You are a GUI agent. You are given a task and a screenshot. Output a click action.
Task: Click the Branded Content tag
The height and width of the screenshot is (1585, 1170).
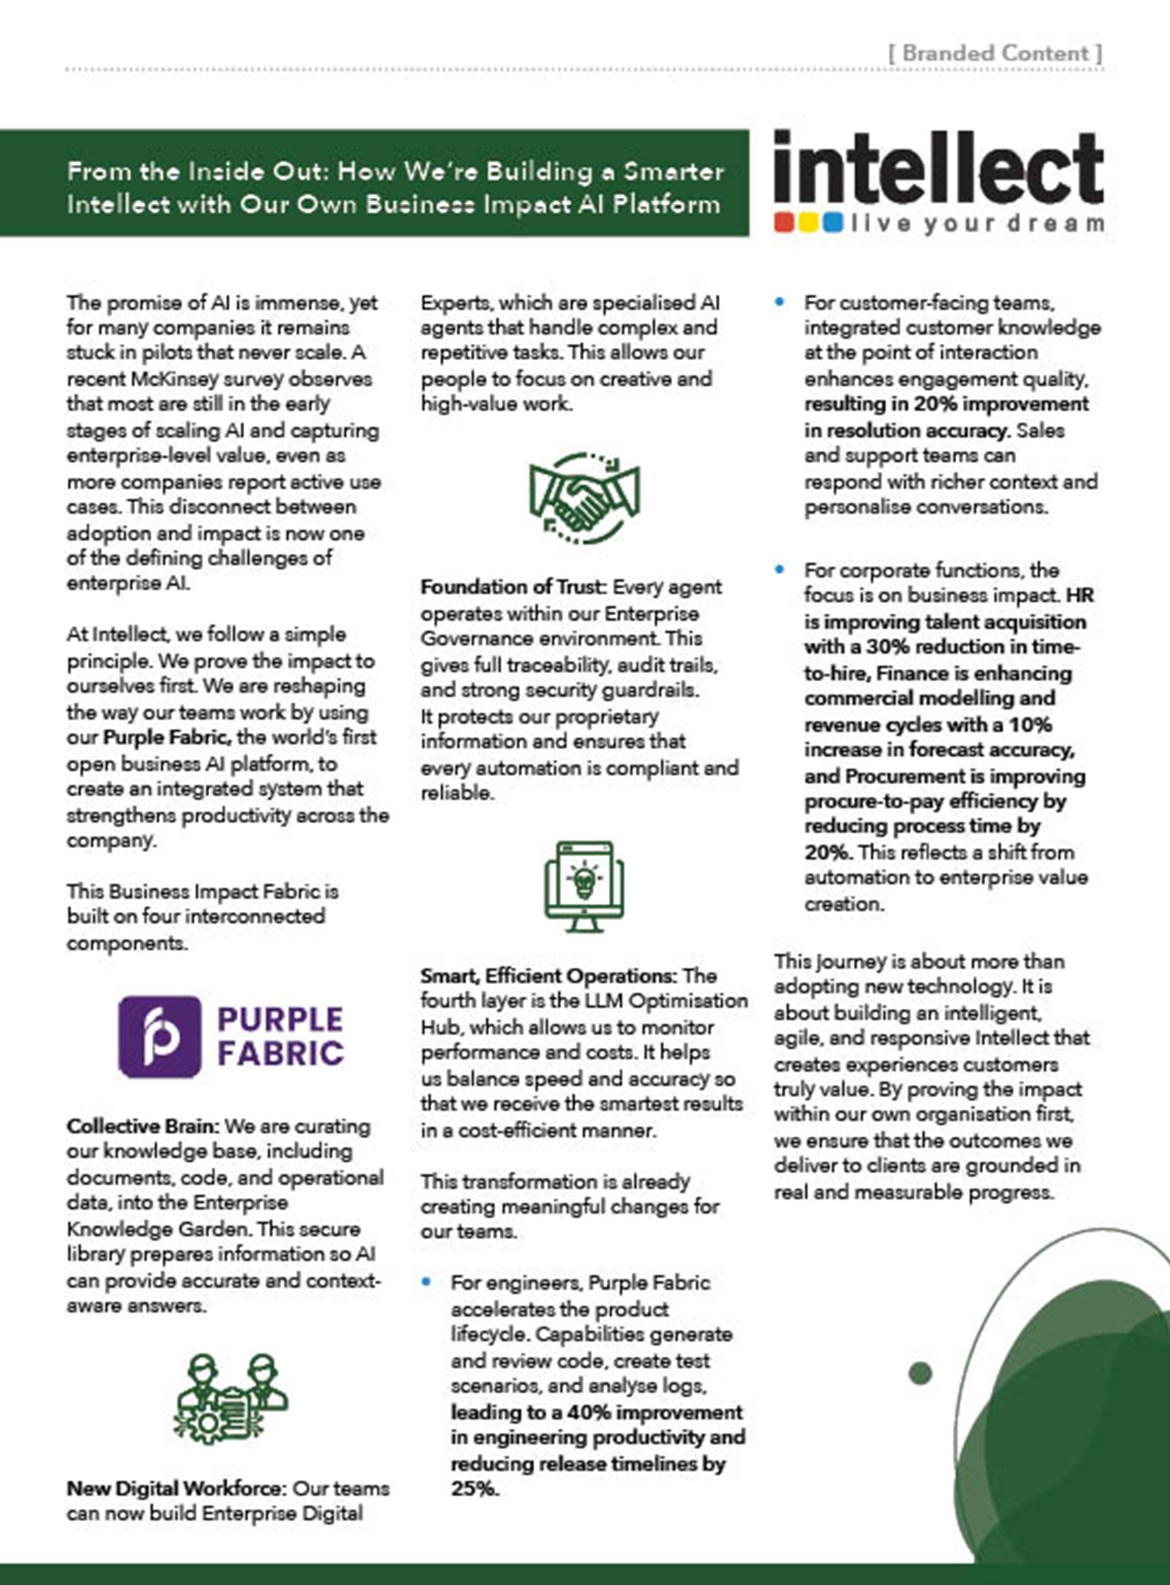click(x=995, y=53)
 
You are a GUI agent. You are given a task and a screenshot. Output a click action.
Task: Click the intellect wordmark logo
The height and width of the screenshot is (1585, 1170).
click(x=938, y=168)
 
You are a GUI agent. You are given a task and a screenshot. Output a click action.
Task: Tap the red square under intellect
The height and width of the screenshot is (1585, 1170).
click(x=784, y=223)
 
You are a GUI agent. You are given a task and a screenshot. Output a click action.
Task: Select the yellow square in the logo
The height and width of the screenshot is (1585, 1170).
click(x=808, y=223)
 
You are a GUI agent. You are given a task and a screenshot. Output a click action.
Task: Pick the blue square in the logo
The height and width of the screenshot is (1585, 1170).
click(x=833, y=223)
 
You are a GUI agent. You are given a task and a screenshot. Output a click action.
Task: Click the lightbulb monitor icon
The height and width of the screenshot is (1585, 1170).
click(x=585, y=887)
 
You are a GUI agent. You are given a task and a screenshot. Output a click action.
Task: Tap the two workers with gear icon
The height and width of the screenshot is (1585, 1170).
click(x=230, y=1399)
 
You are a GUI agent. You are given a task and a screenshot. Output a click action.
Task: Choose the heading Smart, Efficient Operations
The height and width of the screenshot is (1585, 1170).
click(x=548, y=976)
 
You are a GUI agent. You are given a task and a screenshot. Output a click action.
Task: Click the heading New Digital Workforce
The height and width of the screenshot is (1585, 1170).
click(x=176, y=1488)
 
